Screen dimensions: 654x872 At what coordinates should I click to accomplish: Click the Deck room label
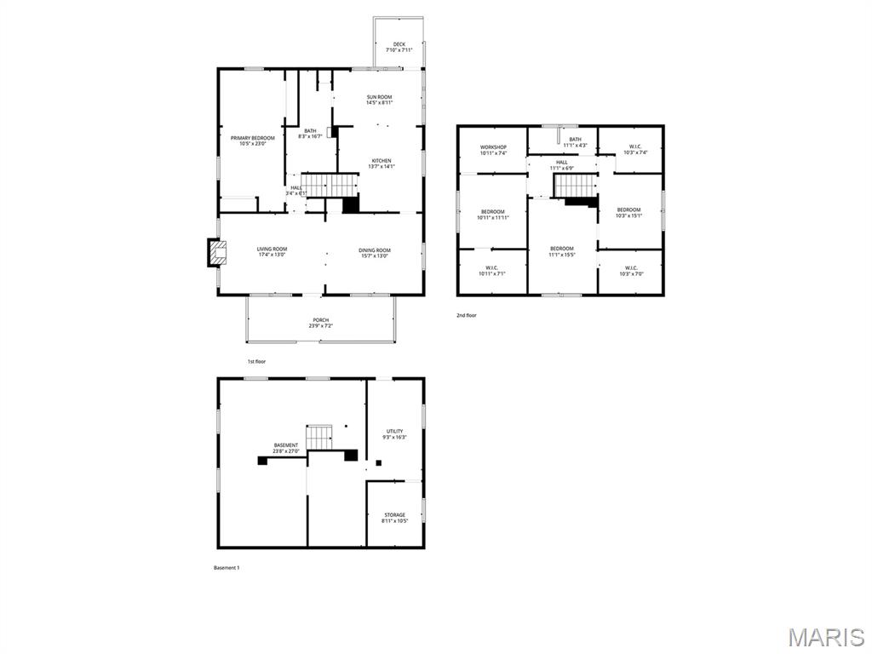(399, 44)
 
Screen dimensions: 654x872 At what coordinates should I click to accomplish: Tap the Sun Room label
(379, 97)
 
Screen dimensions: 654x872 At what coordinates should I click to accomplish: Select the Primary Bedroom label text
(252, 138)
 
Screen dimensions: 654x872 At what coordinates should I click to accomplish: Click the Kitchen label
(381, 161)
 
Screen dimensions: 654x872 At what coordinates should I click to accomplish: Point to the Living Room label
(272, 250)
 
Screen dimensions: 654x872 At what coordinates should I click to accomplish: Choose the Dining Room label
(375, 250)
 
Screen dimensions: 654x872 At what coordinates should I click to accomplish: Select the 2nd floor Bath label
(575, 140)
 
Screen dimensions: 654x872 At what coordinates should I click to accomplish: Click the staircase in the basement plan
(319, 437)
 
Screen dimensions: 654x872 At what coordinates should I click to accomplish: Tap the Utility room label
(394, 432)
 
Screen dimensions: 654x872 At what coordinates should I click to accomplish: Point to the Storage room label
(394, 514)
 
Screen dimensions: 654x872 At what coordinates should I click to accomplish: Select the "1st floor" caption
(257, 362)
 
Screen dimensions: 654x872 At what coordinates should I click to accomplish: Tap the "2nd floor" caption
(466, 316)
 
